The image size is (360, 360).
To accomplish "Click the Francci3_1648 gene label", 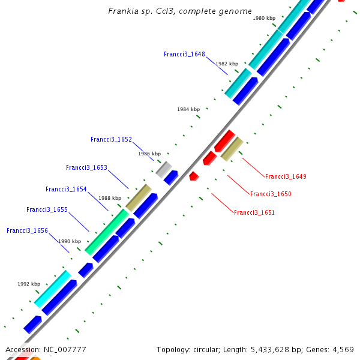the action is pos(184,54).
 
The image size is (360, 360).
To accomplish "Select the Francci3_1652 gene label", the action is pos(111,139).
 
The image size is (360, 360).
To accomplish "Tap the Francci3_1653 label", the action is pos(86,167).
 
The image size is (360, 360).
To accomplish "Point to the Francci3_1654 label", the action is pos(66,189).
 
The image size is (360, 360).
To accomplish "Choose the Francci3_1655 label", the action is pos(47,209).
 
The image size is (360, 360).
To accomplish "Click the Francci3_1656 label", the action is pos(27,230).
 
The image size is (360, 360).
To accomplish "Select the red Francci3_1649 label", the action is pos(286,176).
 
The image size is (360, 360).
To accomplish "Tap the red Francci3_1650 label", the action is pos(271,194).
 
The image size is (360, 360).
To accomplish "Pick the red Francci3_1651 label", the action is pos(254,212).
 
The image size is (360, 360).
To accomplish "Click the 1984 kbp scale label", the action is pos(188,109).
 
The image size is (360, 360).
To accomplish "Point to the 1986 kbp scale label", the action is pos(149,154).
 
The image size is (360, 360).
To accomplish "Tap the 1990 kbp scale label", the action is pos(69,241).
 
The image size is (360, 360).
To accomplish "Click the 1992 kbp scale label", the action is pos(29,284).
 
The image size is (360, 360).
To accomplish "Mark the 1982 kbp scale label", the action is pos(227,64).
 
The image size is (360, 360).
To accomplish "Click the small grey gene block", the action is pos(164,169).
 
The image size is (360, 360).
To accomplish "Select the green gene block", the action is pos(107,232).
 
